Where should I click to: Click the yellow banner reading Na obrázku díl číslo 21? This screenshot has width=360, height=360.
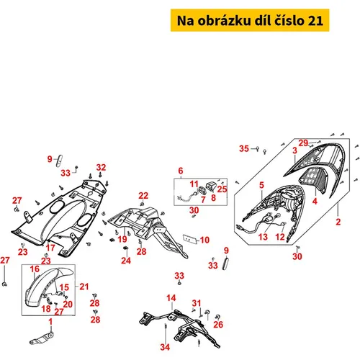(250, 20)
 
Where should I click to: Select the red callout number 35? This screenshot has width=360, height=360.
(244, 148)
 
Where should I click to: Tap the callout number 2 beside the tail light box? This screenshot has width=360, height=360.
(338, 222)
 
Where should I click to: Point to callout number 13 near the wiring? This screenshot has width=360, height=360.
(263, 237)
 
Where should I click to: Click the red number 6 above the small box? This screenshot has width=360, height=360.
(181, 171)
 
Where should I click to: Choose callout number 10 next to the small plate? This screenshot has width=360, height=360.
(204, 240)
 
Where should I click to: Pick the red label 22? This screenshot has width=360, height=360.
(143, 196)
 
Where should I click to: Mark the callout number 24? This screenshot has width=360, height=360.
(126, 261)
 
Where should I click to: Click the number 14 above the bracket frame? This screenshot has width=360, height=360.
(171, 298)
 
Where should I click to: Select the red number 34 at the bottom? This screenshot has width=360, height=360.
(165, 347)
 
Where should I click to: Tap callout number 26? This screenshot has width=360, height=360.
(218, 325)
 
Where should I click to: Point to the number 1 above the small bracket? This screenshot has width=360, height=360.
(50, 322)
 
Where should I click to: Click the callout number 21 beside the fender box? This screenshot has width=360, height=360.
(84, 287)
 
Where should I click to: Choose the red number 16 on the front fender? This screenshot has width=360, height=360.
(35, 269)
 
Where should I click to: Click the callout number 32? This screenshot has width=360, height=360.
(101, 167)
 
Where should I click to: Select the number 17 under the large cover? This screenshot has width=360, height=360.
(50, 248)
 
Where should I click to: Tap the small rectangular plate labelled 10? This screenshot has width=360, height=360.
(189, 239)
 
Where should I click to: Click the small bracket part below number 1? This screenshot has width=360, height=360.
(41, 338)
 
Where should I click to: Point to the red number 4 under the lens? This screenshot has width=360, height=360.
(315, 201)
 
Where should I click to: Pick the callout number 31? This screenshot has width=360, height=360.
(197, 303)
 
